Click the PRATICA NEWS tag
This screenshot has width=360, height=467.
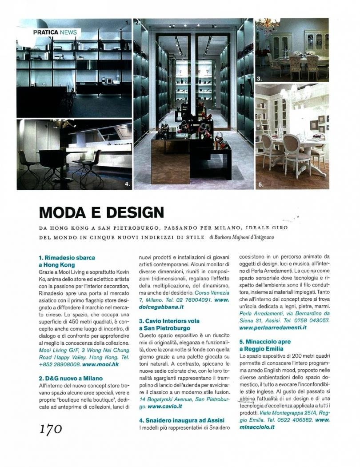pos(55,32)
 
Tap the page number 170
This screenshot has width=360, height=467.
pos(50,429)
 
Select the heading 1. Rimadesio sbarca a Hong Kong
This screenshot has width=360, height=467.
pos(67,260)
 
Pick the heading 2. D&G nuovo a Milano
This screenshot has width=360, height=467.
pos(71,378)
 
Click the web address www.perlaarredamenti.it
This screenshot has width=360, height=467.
pos(273,327)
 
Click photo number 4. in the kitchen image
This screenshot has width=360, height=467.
pos(127,183)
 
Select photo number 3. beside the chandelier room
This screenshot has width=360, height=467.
pos(259,79)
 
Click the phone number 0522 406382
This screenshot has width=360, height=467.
pos(296,420)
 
